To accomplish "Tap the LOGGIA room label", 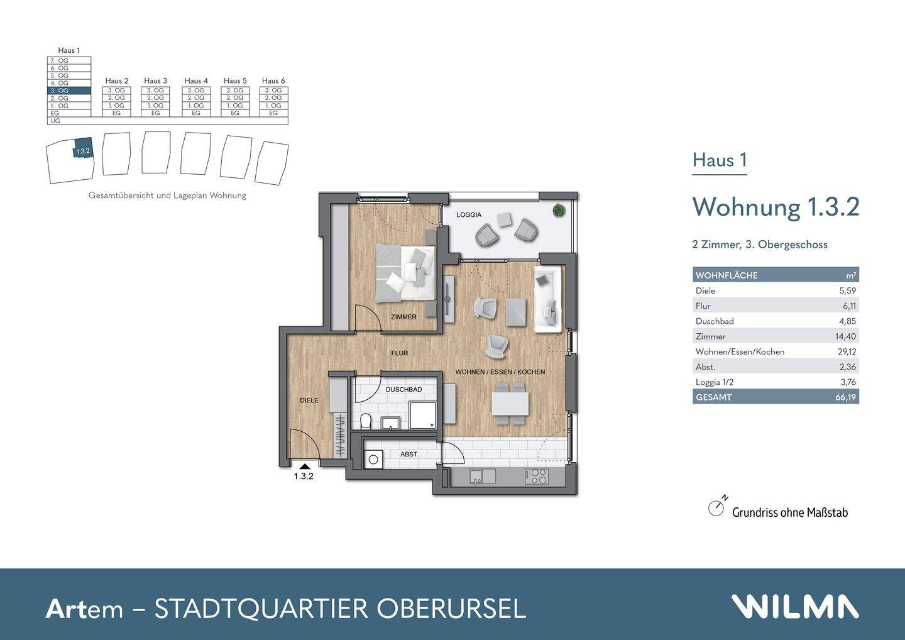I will click(x=469, y=215).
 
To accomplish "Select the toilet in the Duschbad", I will click(x=366, y=421).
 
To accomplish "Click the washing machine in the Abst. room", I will click(x=374, y=460).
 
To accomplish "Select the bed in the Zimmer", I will click(x=405, y=272).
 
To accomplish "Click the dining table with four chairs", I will click(x=510, y=402).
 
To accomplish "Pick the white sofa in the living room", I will click(x=547, y=299).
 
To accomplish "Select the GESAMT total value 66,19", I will click(x=845, y=397).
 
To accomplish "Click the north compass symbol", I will click(x=716, y=507).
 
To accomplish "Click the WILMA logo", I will click(x=795, y=607).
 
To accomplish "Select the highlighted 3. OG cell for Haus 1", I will click(x=69, y=91).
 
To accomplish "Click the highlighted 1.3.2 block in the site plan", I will click(x=83, y=150).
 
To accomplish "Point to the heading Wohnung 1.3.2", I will click(x=776, y=207).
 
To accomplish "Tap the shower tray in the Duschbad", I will click(x=422, y=416).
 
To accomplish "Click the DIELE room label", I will click(x=309, y=400).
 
